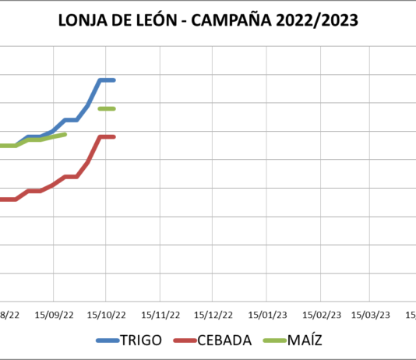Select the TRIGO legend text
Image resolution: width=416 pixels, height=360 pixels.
(x=141, y=341)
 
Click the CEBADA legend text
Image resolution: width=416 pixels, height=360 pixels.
(x=224, y=341)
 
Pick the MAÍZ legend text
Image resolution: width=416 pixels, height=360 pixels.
(x=304, y=341)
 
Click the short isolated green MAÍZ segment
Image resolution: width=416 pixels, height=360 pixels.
(x=107, y=108)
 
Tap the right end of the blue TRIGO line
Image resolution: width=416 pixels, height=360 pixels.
(x=114, y=80)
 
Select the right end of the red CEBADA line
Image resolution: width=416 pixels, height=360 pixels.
(x=114, y=137)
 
